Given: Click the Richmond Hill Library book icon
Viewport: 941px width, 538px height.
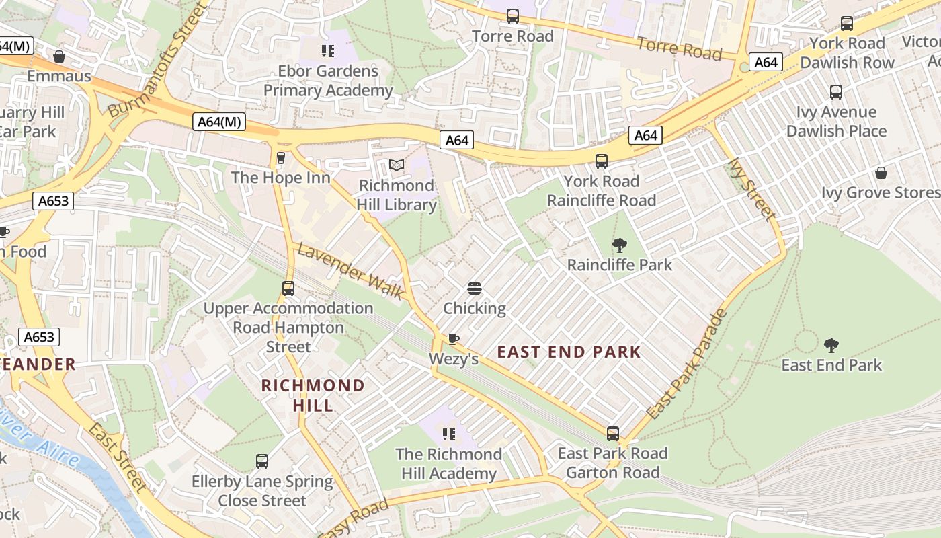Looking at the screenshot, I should coord(397,165).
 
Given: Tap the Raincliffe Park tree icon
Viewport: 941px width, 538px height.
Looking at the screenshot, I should coord(619,245).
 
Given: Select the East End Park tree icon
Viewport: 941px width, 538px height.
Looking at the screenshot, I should coord(831,346).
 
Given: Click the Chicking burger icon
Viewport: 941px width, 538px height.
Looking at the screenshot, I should coord(474,289).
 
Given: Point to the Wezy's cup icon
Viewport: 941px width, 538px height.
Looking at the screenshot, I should coord(454,339).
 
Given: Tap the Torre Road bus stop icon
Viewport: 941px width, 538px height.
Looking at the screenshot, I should coord(513,16).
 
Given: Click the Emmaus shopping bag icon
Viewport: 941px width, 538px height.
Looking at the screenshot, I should coord(59,56).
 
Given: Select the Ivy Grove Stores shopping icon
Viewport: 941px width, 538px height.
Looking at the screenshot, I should coord(881,173).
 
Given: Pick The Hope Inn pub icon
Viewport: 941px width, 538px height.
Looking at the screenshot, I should coord(281,158).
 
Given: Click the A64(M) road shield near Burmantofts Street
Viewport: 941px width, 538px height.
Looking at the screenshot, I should coord(219,122).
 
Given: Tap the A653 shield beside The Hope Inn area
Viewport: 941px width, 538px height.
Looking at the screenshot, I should coord(52,200).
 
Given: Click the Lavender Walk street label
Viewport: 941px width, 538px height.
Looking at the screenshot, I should coord(350,272).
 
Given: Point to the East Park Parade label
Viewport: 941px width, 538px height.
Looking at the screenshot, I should coord(687,364).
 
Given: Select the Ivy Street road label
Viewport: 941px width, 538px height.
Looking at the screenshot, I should coord(752,189).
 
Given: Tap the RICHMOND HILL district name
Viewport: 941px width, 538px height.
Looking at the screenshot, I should coord(313,395).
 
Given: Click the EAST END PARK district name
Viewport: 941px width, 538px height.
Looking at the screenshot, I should coord(569,352).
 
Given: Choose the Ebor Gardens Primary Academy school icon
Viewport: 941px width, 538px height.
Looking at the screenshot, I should coord(328,51).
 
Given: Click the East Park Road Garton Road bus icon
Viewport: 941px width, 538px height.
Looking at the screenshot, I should coord(612,433).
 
